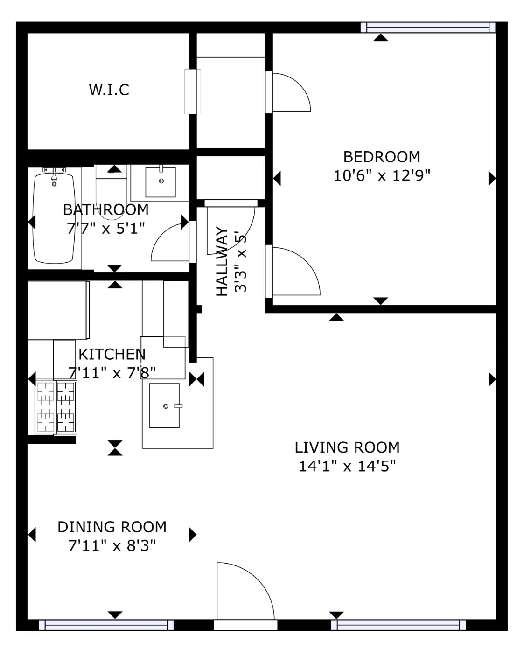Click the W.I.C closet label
coord(109,90)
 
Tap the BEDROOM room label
coord(382,157)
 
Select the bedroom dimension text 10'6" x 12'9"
coord(382,175)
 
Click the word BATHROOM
coord(105,210)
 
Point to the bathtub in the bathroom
coord(54,218)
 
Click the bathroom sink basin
coord(161,182)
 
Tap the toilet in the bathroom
coord(111,193)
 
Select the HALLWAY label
coord(222,261)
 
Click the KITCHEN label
coord(112,354)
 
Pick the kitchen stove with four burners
coord(56,407)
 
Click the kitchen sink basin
coord(164,405)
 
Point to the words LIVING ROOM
coord(347,447)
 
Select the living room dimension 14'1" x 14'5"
coord(347,466)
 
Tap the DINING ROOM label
coord(112,527)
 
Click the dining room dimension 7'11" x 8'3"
coord(112,546)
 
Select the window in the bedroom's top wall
coord(428,28)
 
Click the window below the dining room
coord(106,625)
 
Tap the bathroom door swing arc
coord(164,237)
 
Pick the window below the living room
coord(398,625)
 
